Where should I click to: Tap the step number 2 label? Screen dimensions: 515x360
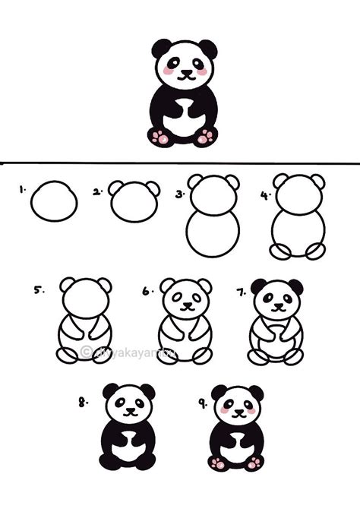point(97,192)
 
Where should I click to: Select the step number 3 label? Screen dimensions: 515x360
point(180,194)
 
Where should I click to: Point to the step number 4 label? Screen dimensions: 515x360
point(265,194)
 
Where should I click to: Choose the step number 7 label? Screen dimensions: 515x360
point(241,290)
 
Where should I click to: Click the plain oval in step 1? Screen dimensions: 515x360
point(54,201)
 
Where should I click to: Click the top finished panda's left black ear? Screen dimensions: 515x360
point(161,49)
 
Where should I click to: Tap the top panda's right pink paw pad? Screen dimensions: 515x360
point(205,137)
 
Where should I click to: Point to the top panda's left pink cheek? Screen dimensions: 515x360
point(169,71)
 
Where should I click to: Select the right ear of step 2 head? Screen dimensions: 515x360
point(153,189)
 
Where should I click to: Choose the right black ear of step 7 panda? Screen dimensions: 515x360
point(295,287)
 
